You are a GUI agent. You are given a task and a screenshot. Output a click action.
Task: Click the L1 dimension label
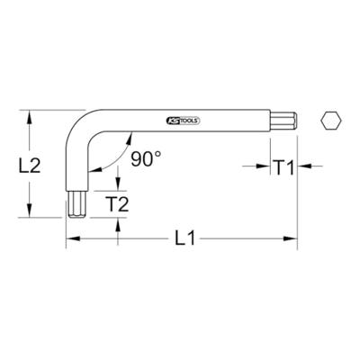click(x=184, y=240)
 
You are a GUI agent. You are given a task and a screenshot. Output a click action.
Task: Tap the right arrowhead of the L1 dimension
click(x=292, y=239)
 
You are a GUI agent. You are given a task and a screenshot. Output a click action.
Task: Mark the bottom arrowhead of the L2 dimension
click(x=31, y=212)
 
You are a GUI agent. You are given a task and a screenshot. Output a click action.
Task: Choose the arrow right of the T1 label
click(x=305, y=166)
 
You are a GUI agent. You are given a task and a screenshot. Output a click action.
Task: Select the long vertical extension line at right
click(x=298, y=198)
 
